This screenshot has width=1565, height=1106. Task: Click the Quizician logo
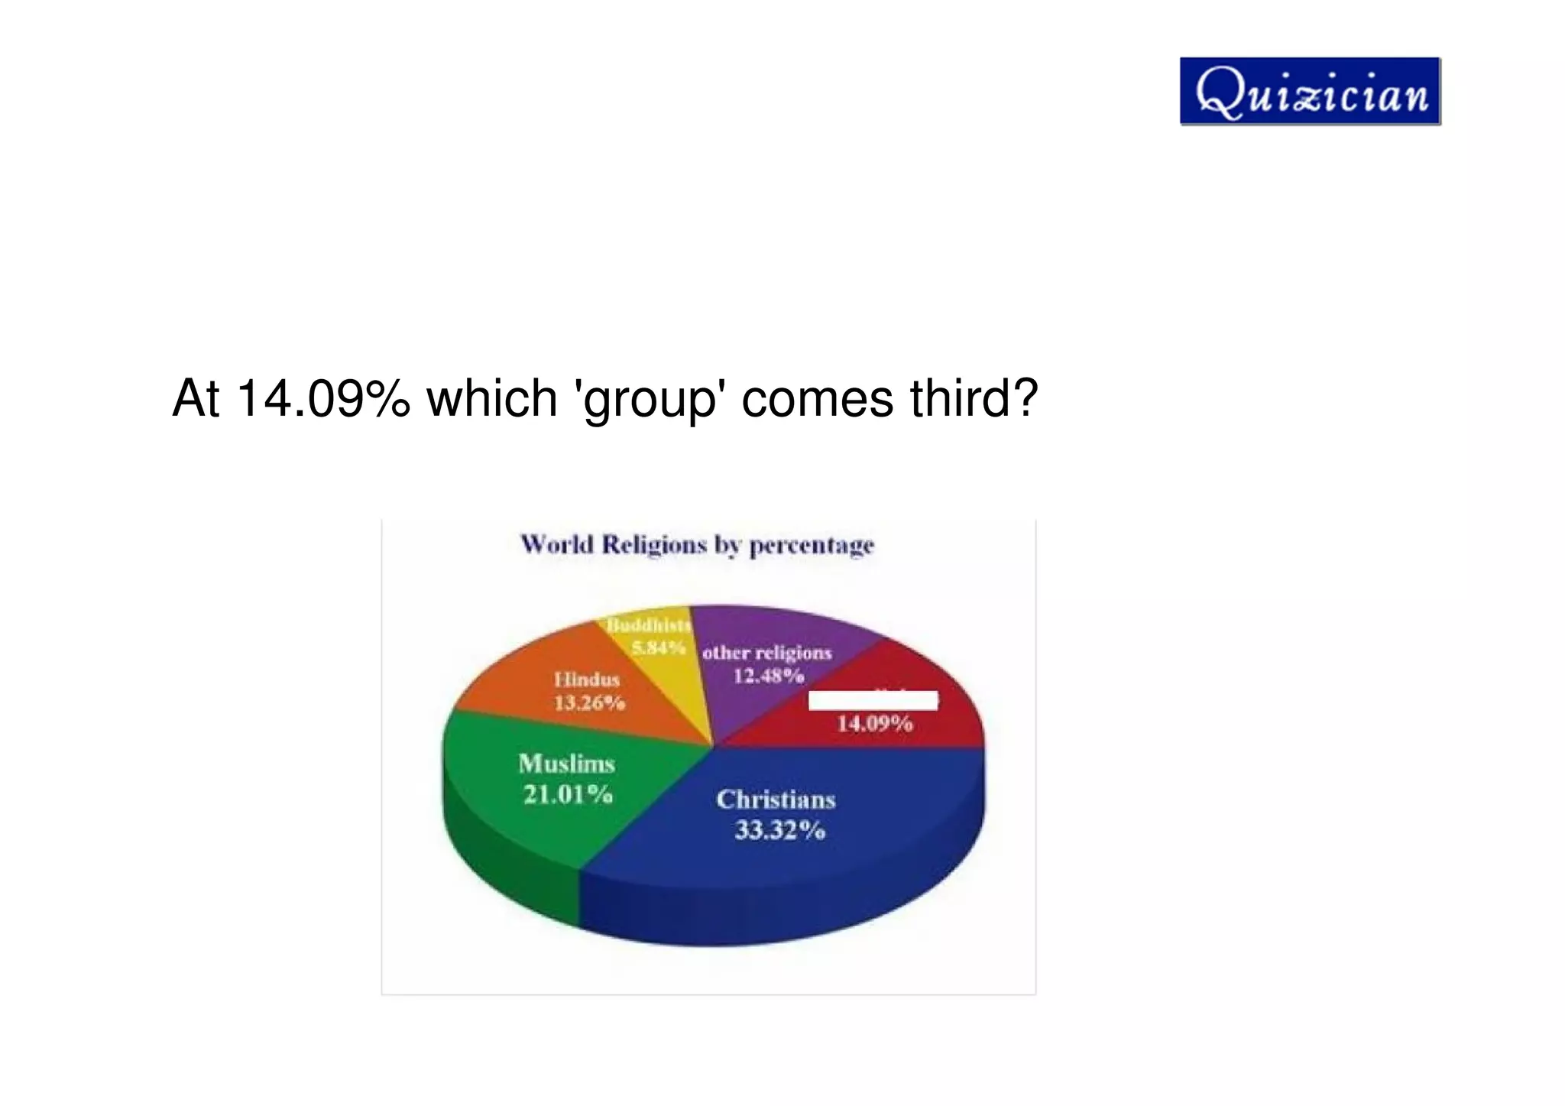(x=1310, y=91)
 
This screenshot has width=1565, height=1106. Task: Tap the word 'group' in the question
(x=650, y=400)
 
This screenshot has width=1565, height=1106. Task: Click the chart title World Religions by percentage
(x=697, y=545)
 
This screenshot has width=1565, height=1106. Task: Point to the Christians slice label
(x=776, y=799)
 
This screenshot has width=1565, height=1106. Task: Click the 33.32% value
(x=779, y=830)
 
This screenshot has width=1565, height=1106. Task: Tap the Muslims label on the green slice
(x=566, y=764)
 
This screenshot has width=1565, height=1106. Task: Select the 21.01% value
(x=568, y=795)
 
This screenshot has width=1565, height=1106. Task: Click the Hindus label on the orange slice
(x=587, y=679)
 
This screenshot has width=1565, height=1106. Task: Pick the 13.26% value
(x=589, y=702)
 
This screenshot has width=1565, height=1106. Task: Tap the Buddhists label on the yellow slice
(x=649, y=625)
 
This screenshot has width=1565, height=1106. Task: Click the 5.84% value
(x=657, y=648)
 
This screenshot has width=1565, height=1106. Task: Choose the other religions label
(x=766, y=653)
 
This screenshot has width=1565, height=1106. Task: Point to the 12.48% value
(x=769, y=676)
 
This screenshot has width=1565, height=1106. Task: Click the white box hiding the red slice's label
(x=873, y=700)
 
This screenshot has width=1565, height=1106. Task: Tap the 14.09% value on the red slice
(x=874, y=723)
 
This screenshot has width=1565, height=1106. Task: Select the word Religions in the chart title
(x=654, y=545)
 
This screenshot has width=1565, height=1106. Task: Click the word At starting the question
(x=196, y=398)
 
